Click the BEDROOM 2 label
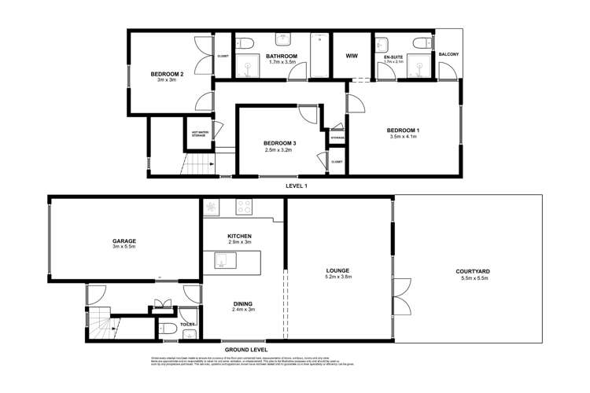coord(166,75)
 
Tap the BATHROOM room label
coord(281,57)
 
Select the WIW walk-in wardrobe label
coord(352,57)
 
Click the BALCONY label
coord(449,54)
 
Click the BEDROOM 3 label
coord(279,142)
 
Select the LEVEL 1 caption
coord(296,185)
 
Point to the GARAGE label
coord(125,241)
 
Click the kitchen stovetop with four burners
coord(245,209)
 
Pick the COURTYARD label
coord(472,271)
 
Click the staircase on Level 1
coord(199,165)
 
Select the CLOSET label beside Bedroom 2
coord(223,56)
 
